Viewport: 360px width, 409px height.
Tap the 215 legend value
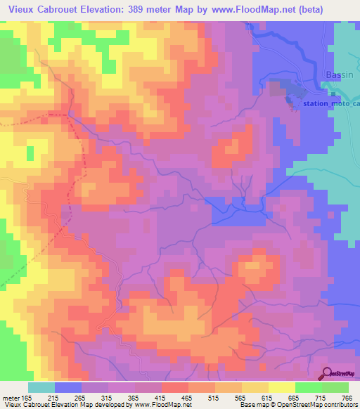click(54, 398)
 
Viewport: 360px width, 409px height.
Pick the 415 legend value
click(161, 398)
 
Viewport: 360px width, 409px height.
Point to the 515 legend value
click(214, 398)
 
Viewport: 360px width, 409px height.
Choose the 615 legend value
click(268, 398)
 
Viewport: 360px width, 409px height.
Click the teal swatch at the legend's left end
click(41, 387)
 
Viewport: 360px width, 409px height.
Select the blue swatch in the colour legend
click(68, 387)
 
